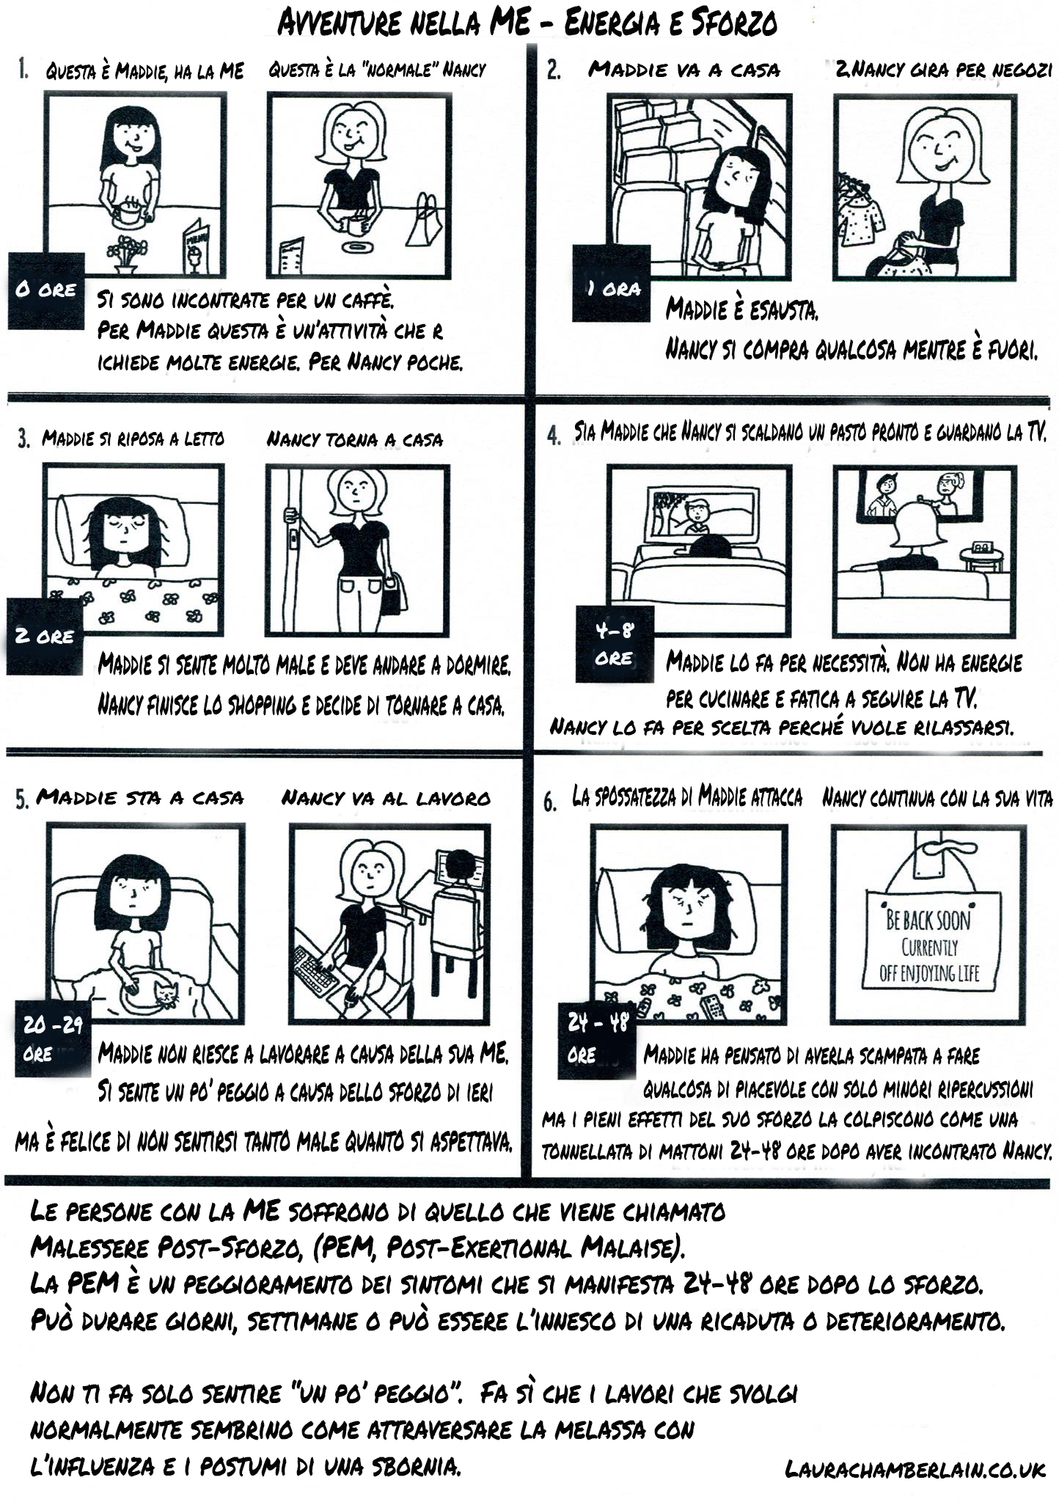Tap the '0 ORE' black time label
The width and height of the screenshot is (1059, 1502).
pos(46,290)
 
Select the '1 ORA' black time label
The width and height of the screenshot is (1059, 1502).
pos(611,283)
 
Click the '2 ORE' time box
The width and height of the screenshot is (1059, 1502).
pos(45,636)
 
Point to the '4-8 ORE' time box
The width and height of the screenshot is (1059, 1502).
pos(615,644)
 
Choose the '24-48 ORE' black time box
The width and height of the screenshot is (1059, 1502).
pos(596,1040)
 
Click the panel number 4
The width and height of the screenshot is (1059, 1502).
pos(554,436)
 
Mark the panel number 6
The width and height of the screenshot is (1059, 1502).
pos(550,802)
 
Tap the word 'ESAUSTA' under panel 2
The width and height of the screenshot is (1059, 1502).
pos(782,309)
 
